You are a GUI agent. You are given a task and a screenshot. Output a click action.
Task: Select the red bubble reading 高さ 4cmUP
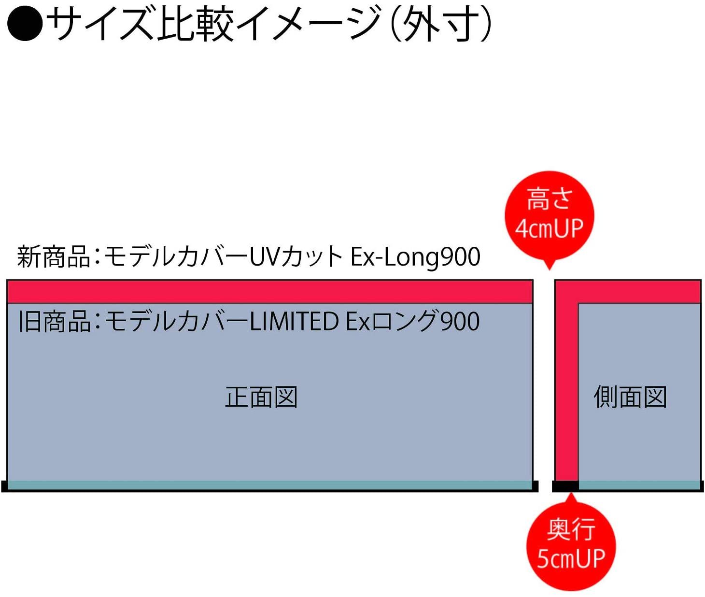pos(549,215)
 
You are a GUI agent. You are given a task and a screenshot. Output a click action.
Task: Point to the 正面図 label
pos(261,397)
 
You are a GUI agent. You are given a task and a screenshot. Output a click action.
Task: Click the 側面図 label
pos(630,397)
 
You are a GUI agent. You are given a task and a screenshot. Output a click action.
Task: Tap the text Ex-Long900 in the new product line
pos(415,256)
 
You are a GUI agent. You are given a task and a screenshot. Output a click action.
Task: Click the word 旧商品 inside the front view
pos(54,321)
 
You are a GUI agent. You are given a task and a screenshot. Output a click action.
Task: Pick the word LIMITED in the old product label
pos(294,321)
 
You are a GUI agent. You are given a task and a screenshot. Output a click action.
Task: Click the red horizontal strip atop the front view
pos(269,292)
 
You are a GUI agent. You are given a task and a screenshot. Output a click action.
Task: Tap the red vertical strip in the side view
pos(566,386)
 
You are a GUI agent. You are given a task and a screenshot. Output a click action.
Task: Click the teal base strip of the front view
pos(269,485)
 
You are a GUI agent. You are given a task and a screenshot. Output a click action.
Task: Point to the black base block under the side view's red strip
pos(565,486)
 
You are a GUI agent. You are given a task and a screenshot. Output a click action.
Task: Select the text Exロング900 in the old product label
pos(413,321)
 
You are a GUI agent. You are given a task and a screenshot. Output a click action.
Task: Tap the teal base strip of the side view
pos(639,485)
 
